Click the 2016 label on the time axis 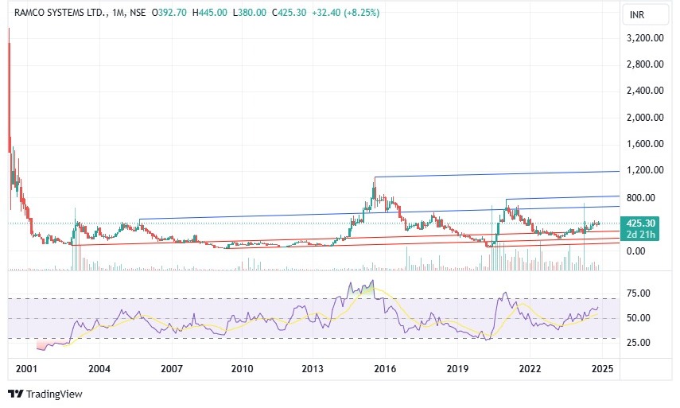coord(386,369)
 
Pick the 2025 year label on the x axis coord(602,369)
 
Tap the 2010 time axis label coord(242,369)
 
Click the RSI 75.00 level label coord(639,293)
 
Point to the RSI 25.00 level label coord(639,343)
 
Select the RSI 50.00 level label coord(639,318)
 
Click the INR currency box coord(637,15)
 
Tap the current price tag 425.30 coord(641,223)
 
